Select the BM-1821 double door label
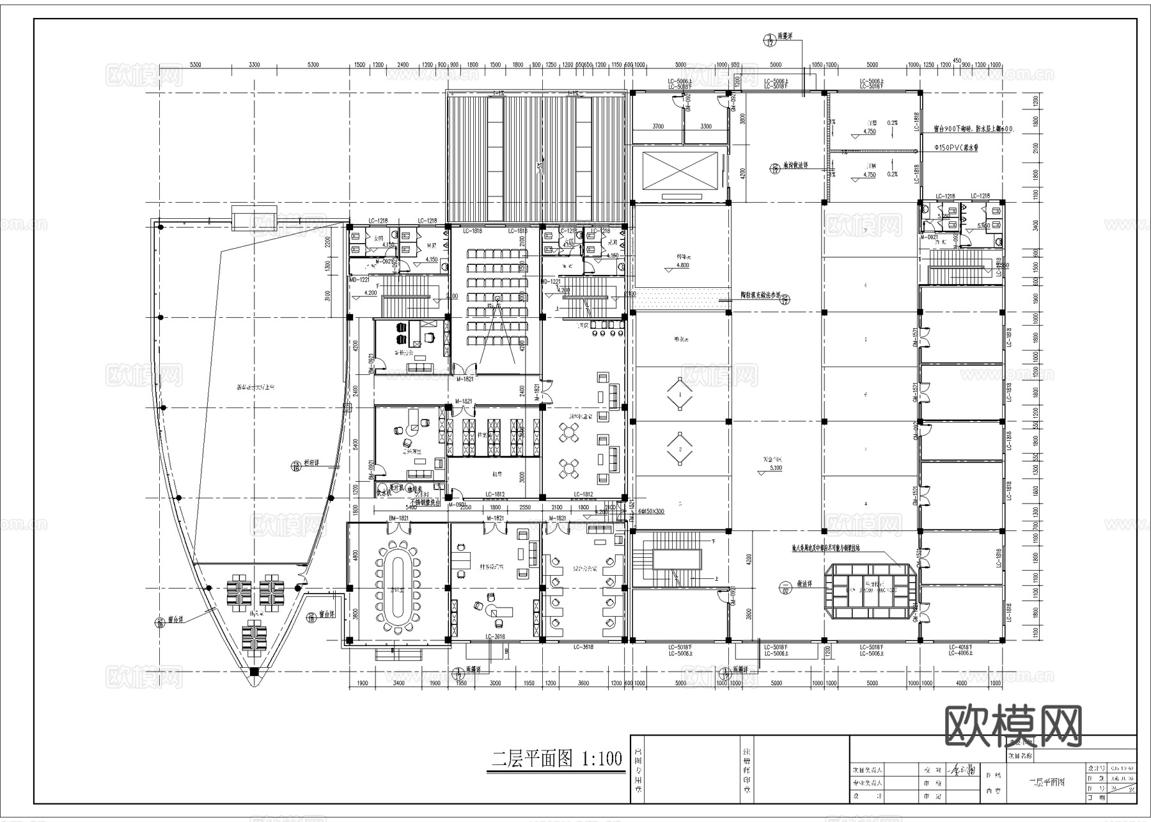[x=398, y=518]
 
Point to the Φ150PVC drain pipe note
[x=956, y=148]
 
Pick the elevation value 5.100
[x=775, y=468]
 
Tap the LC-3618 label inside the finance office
[x=495, y=636]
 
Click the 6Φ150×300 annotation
[x=651, y=511]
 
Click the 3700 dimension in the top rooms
[x=657, y=126]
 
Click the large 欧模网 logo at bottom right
[x=1013, y=727]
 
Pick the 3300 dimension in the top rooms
[x=705, y=126]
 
